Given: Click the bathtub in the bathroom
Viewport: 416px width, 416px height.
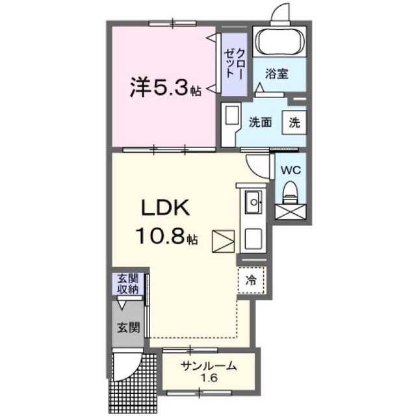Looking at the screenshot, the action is [x=280, y=41].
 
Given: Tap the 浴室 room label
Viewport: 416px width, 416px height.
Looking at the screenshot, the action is [x=276, y=73].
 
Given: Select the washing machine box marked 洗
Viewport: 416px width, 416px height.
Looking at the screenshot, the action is [x=294, y=122].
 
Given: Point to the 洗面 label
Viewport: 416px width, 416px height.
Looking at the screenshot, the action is [x=260, y=122].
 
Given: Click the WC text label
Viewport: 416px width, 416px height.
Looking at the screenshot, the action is [x=291, y=170].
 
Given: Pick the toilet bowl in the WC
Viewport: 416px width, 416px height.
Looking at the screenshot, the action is [x=291, y=192].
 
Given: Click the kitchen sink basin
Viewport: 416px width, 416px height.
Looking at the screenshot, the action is [x=253, y=202].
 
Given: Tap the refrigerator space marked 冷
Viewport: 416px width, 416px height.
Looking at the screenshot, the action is [x=251, y=280].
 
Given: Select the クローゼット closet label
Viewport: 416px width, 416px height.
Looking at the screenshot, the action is [x=233, y=63].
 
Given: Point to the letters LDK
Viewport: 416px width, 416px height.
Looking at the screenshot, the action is [x=166, y=208].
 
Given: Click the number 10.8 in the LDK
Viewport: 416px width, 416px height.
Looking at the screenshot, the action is [x=160, y=236].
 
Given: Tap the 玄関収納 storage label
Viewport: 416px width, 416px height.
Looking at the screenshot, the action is [x=128, y=284].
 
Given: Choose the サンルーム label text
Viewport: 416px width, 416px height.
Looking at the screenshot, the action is [x=209, y=367].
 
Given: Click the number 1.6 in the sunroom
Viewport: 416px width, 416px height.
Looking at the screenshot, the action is [x=209, y=378].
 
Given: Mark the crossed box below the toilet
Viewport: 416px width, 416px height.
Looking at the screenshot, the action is [x=291, y=212].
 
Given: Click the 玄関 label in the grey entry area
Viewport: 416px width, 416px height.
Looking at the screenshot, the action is [x=129, y=328].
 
